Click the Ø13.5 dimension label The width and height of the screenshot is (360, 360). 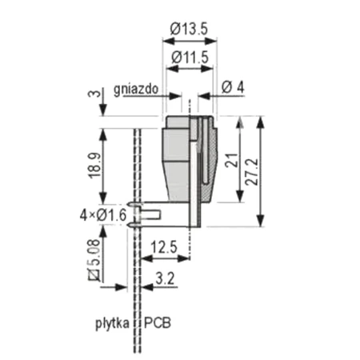(x=190, y=30)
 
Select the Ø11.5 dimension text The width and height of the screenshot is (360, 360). (x=190, y=57)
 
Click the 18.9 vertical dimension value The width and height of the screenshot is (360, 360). (x=94, y=166)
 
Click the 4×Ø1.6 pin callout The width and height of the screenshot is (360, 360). (x=102, y=214)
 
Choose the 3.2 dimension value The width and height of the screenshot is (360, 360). (x=165, y=278)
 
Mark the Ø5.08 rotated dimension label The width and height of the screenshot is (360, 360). (x=94, y=260)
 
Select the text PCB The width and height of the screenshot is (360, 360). (x=158, y=324)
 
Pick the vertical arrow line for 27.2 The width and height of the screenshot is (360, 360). (x=261, y=170)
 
